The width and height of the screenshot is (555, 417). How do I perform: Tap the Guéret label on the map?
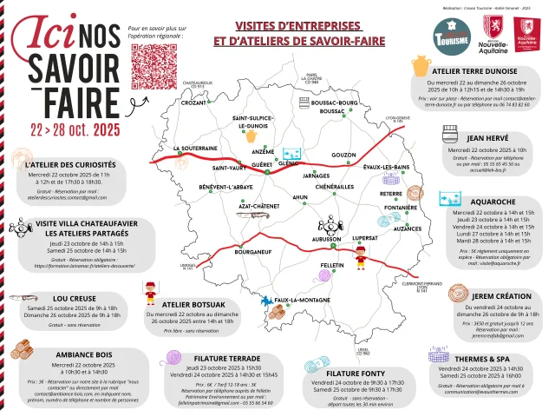(261, 164)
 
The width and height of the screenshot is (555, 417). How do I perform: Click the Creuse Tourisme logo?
(451, 38)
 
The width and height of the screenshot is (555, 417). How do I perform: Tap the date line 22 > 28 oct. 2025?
(74, 129)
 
